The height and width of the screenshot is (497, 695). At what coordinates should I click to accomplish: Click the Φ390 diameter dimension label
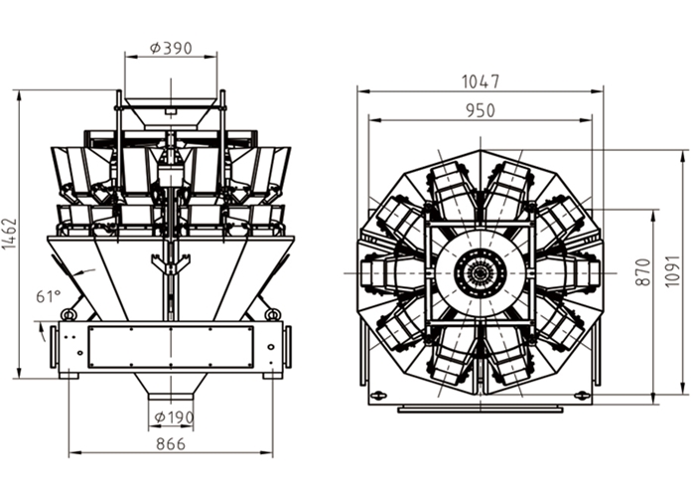coord(171,48)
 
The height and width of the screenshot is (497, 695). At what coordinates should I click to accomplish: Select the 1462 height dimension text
coord(10,234)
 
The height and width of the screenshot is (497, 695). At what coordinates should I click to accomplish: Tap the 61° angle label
coord(48,296)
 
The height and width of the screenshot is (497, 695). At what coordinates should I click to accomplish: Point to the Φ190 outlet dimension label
coord(174,417)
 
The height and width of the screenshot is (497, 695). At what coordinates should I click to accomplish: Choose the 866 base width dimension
coord(171,443)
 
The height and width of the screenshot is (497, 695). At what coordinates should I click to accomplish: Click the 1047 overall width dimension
coord(481,82)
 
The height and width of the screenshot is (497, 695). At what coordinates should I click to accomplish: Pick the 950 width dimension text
coord(480,110)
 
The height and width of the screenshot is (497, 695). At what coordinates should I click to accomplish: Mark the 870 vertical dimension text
coord(642,272)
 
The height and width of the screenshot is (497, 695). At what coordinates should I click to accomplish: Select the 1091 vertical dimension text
coord(672,271)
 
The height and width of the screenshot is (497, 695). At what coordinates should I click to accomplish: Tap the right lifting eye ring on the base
coord(272,314)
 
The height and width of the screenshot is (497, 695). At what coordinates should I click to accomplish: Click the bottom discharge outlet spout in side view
coord(171,396)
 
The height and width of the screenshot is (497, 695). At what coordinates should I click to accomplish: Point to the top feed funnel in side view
coord(171,113)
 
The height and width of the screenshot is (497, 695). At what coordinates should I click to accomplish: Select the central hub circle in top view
coord(480,272)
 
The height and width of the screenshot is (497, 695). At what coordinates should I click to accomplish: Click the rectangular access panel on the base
coord(171,347)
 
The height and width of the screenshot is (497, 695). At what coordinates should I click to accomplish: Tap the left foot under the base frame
coord(69,376)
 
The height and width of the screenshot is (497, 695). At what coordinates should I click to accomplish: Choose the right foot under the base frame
coord(272,376)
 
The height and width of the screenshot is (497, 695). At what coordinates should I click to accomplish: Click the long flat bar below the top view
coord(480,410)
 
